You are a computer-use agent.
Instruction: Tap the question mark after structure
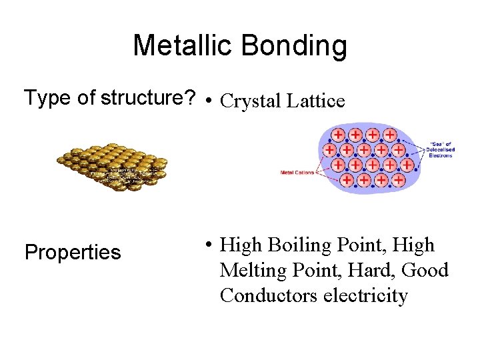(189, 98)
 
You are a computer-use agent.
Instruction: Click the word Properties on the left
(73, 253)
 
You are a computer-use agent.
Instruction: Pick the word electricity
(365, 295)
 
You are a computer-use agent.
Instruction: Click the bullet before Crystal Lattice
(209, 102)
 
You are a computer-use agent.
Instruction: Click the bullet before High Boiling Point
(209, 246)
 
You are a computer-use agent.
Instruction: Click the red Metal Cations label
(297, 173)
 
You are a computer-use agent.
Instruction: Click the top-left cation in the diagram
(339, 135)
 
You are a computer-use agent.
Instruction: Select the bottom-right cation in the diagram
(398, 180)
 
